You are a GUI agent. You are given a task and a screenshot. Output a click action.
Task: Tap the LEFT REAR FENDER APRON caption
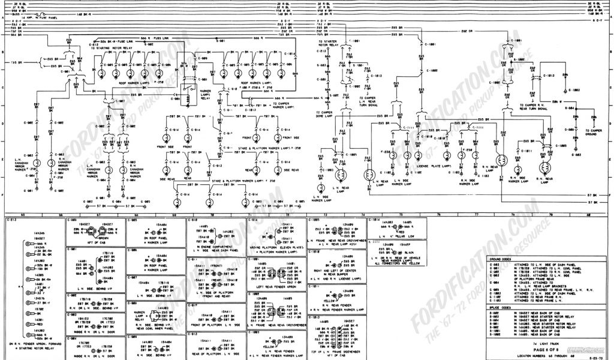click(x=278, y=286)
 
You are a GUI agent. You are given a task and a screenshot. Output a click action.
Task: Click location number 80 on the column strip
click(x=588, y=214)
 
